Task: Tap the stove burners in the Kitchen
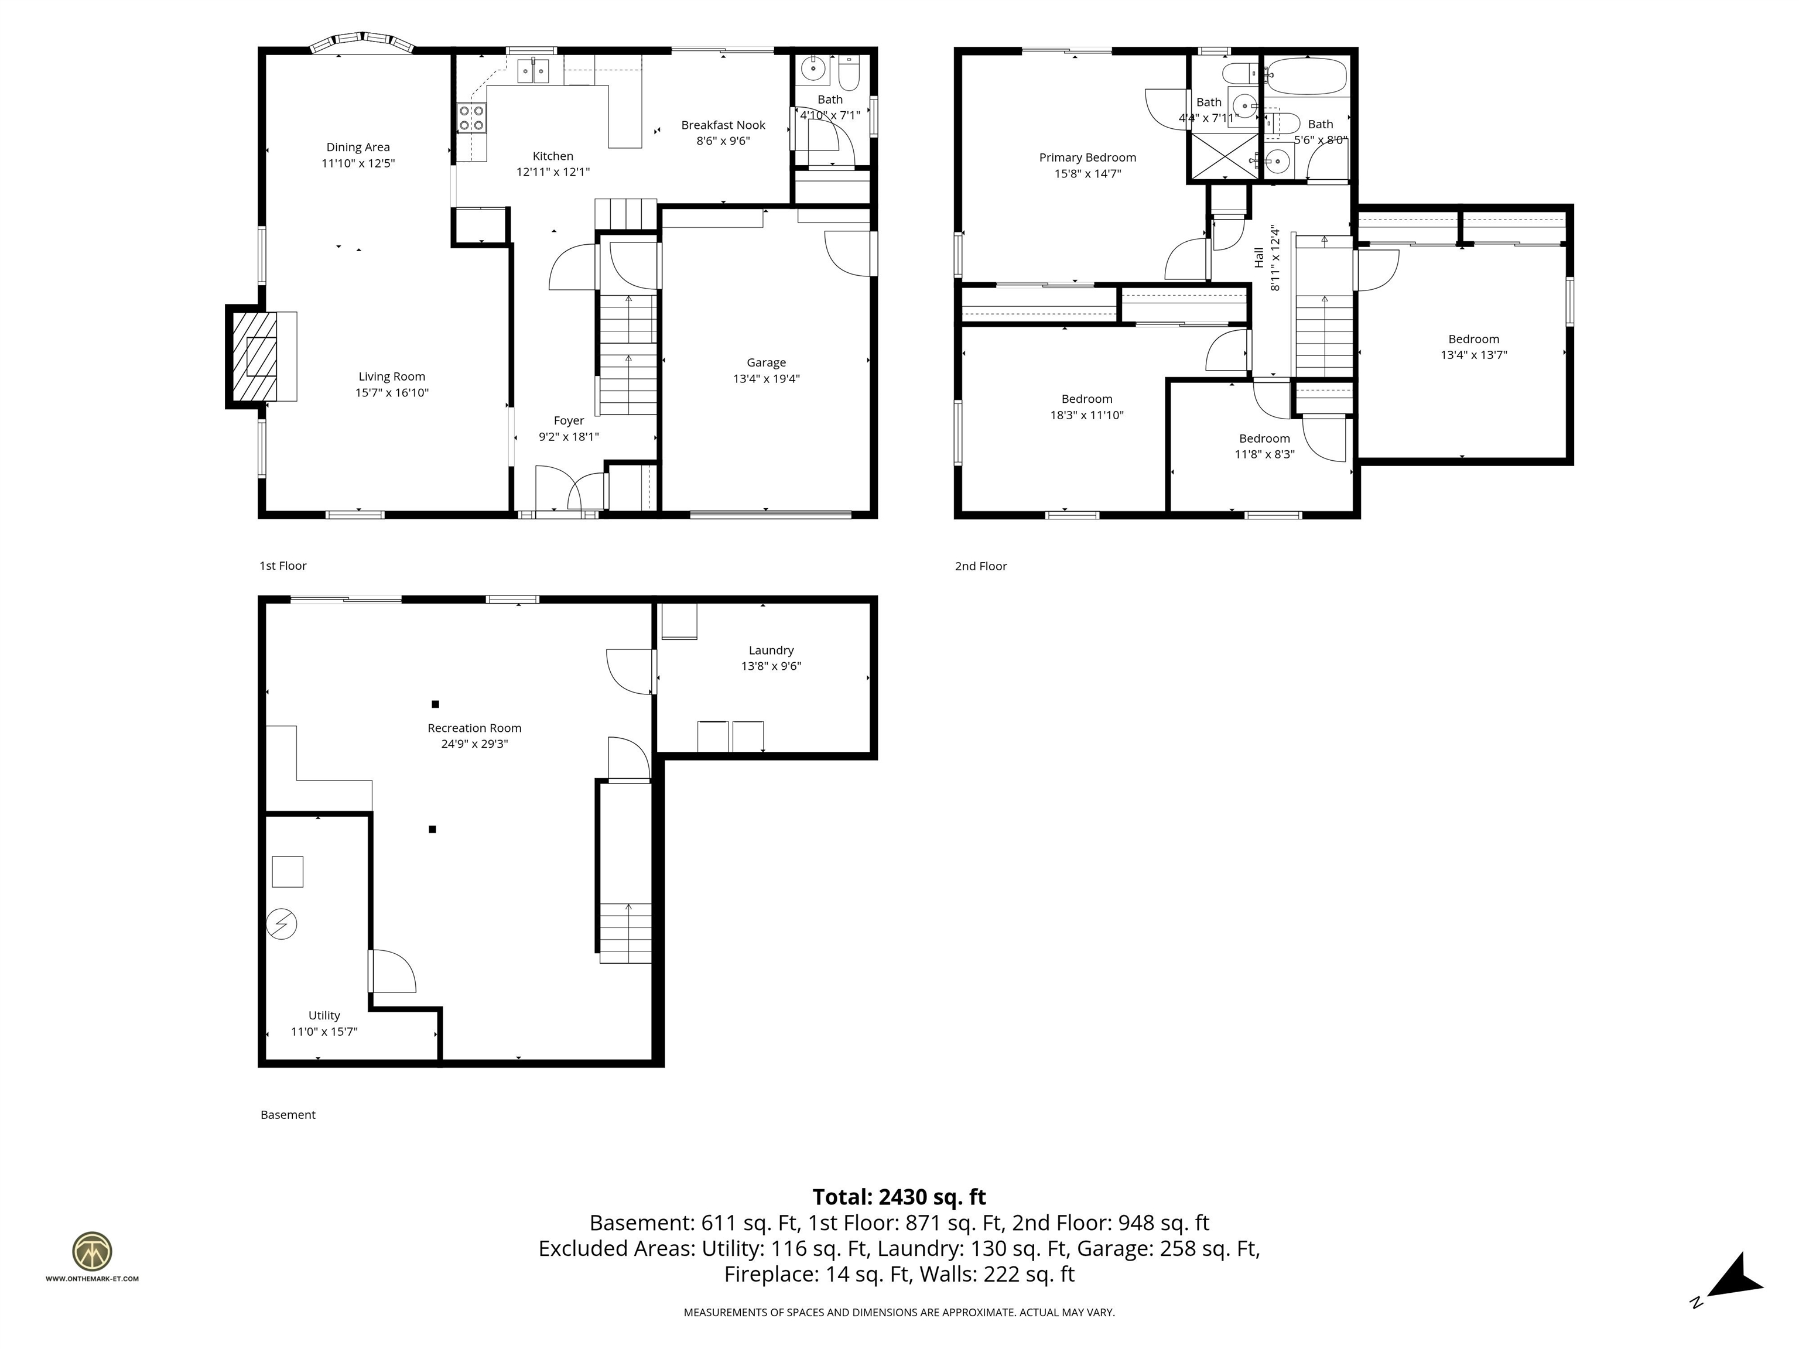471,118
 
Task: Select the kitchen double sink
533,71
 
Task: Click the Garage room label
766,362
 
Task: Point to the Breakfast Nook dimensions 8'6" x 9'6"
723,141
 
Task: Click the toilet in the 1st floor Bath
849,74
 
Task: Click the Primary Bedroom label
1087,158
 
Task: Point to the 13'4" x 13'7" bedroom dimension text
1473,355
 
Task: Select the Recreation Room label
474,728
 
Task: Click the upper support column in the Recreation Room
435,704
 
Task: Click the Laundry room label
771,650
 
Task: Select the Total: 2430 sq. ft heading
899,1197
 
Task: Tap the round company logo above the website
92,1251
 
